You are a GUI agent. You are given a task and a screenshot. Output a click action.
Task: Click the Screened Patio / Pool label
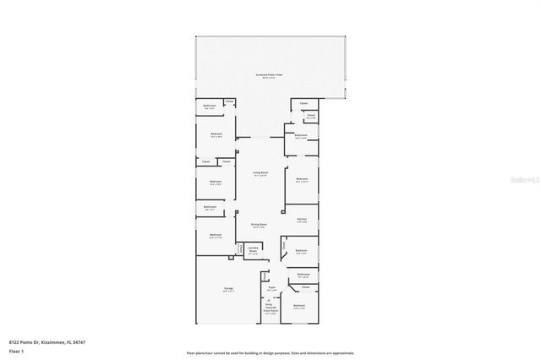pos(270,75)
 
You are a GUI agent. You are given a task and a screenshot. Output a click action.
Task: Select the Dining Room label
pos(259,225)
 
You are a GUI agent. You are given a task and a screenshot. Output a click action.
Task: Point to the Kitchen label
pos(301,220)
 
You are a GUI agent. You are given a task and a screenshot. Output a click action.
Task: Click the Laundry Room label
pos(253,248)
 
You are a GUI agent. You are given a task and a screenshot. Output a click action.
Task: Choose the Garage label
pos(228,289)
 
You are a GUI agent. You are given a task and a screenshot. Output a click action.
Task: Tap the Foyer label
pos(272,289)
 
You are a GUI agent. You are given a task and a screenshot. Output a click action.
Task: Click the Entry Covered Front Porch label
pos(270,310)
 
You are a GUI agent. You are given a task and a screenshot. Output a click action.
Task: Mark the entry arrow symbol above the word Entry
pos(270,300)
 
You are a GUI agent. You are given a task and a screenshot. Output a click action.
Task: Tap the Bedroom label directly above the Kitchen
pos(302,179)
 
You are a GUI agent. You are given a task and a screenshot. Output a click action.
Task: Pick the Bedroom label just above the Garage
pos(216,236)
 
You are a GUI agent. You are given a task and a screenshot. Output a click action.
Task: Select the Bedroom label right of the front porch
pos(298,306)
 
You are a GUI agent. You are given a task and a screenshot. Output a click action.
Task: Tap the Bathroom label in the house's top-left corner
pos(210,106)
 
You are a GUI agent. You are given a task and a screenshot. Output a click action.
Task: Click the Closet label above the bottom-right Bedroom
pos(305,287)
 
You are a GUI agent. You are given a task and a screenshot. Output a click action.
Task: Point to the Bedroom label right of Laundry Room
pos(302,251)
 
